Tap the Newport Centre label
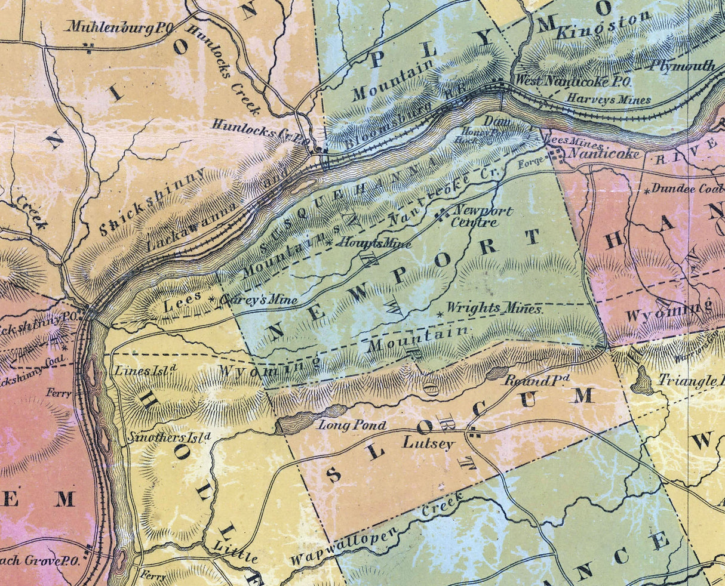tap(483, 216)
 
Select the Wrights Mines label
tap(494, 309)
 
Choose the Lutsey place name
tap(428, 443)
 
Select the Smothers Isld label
tap(170, 437)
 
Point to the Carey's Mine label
tap(257, 300)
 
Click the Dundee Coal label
tap(687, 189)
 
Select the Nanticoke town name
tap(603, 155)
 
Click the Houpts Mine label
tap(374, 243)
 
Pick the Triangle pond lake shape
tap(643, 381)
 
